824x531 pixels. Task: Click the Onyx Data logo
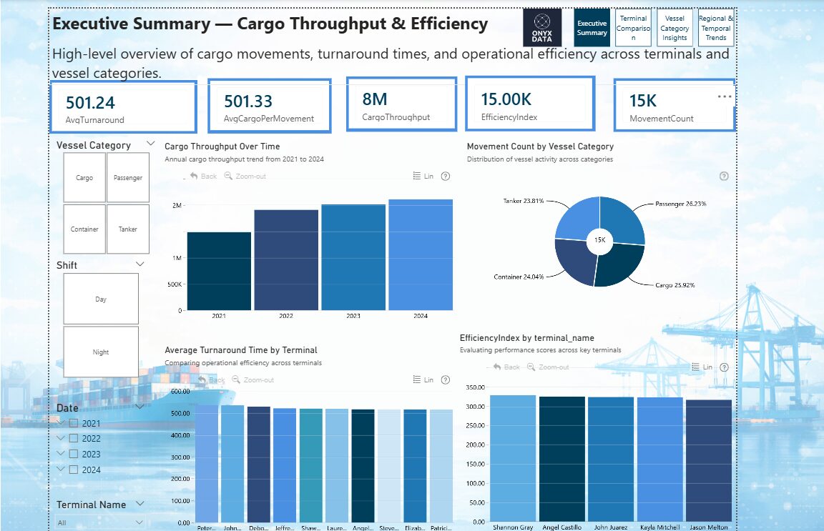coord(541,28)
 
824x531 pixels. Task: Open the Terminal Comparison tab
coord(633,28)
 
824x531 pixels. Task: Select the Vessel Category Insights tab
coord(675,28)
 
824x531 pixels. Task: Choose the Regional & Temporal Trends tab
coord(716,28)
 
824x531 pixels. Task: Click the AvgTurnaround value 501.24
coord(90,103)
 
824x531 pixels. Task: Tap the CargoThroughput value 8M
coord(375,99)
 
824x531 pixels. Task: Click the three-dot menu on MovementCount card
coord(724,96)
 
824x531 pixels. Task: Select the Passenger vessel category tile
coord(128,177)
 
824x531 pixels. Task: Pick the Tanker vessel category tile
coord(128,229)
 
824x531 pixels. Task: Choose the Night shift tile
coord(101,352)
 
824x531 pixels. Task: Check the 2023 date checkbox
coord(74,455)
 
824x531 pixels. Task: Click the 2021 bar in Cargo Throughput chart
coord(219,272)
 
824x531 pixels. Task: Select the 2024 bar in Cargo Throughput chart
coord(421,255)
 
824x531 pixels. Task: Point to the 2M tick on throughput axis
coord(176,206)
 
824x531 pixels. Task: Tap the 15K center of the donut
coord(599,241)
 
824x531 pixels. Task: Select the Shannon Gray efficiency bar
coord(512,457)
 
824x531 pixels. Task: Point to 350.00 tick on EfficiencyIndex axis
coord(476,387)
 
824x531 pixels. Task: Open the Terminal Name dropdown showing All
coord(100,522)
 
